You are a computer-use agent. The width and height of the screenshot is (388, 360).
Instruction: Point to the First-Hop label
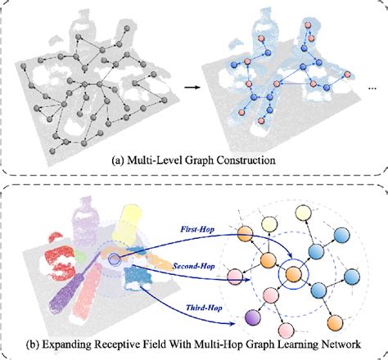(197, 231)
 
